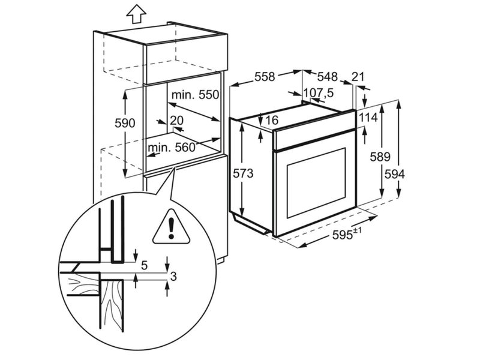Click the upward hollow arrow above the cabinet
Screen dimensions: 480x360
tap(136, 14)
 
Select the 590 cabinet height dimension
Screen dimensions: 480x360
tap(125, 123)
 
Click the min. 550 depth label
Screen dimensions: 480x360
tap(196, 95)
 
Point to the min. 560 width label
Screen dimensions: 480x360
tap(172, 148)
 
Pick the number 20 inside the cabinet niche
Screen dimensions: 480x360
tap(177, 121)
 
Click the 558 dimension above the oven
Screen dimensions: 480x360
tap(265, 77)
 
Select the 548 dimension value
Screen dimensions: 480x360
tap(327, 77)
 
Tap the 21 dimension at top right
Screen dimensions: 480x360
tap(358, 77)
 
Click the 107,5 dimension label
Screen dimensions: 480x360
tap(319, 92)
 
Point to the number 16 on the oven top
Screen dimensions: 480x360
tap(272, 121)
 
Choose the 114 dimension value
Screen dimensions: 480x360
tap(368, 117)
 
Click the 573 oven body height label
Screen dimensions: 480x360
tap(244, 173)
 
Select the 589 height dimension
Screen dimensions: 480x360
tap(380, 157)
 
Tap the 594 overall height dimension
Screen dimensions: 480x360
tap(395, 174)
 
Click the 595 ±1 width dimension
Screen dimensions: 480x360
tap(347, 234)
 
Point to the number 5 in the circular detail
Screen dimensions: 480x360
tap(145, 265)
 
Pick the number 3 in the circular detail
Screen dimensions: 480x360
tap(173, 277)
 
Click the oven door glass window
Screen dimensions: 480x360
tap(316, 184)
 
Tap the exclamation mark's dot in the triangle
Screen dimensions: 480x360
tap(171, 236)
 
